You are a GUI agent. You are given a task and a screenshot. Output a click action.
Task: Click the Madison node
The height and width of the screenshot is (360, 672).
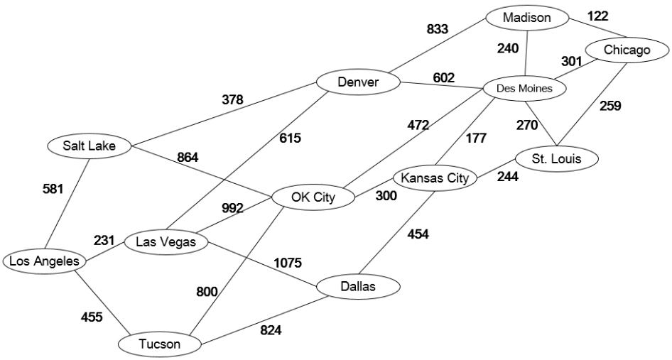click(x=527, y=18)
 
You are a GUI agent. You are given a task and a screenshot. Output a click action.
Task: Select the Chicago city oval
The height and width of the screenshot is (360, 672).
click(x=627, y=50)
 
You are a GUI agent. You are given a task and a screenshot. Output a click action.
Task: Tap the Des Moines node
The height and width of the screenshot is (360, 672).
click(x=525, y=89)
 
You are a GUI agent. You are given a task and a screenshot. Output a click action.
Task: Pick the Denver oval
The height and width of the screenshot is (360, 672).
click(x=359, y=82)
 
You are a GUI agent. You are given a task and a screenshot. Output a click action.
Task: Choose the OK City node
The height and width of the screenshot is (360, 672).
click(x=313, y=197)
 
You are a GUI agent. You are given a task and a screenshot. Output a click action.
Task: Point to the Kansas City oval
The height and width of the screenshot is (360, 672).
click(x=435, y=178)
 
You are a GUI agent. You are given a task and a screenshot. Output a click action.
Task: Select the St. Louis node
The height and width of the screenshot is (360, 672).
click(x=557, y=158)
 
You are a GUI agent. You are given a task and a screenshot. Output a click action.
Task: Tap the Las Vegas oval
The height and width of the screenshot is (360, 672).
click(x=166, y=242)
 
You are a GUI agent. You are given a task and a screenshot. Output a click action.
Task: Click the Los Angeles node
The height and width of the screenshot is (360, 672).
click(x=44, y=261)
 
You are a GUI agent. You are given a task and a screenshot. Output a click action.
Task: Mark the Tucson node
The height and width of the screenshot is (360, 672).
click(x=160, y=344)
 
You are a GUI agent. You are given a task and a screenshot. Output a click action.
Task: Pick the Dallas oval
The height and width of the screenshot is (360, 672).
click(x=358, y=286)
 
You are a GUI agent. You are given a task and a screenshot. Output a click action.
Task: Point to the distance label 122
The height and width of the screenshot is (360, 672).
click(x=598, y=15)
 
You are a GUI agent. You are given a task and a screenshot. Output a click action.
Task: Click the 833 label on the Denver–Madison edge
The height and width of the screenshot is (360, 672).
click(x=438, y=29)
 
